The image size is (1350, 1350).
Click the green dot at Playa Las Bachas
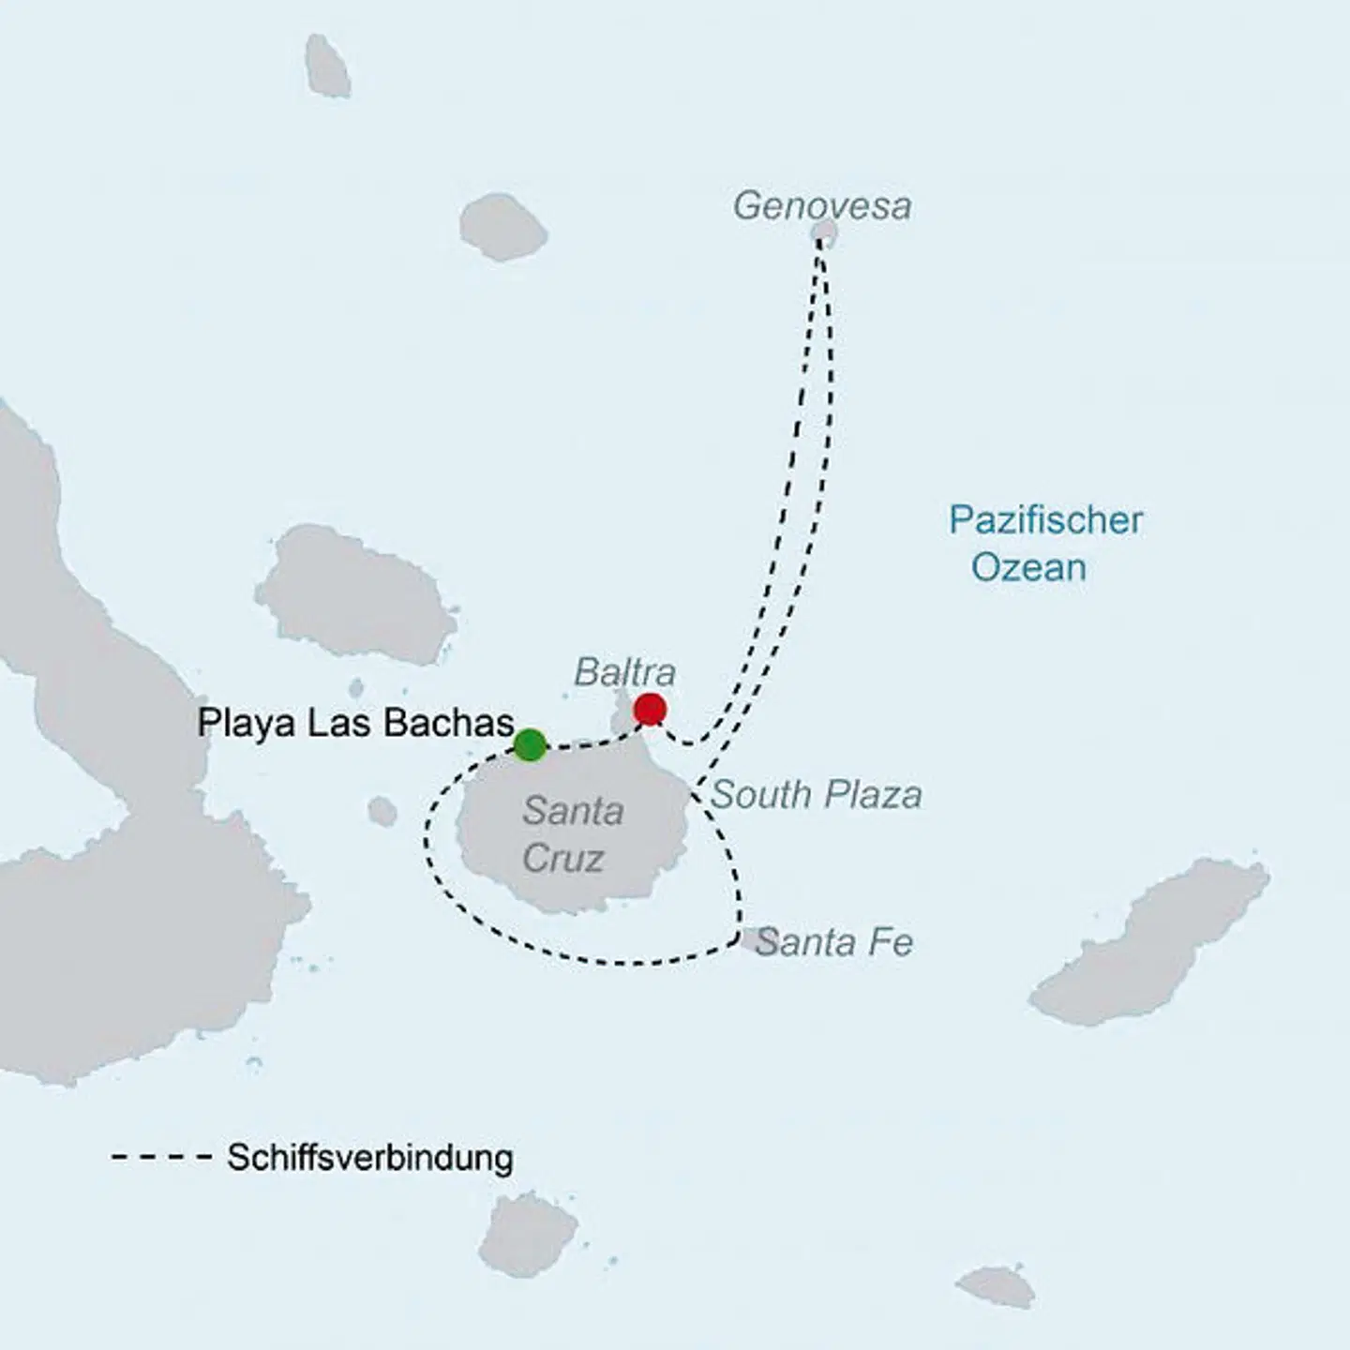click(530, 744)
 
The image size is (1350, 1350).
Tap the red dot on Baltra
click(650, 710)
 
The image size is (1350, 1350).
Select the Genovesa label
click(821, 206)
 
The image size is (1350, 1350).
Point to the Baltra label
click(624, 672)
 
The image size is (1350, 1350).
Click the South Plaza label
click(817, 795)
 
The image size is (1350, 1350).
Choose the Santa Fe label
click(834, 942)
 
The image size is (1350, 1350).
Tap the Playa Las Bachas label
click(355, 723)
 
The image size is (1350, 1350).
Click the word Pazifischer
click(1045, 520)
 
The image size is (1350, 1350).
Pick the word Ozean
click(1028, 568)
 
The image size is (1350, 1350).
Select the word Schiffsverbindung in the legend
click(369, 1158)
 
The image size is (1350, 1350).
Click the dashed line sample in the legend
click(161, 1158)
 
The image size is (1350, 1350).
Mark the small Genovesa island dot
click(824, 232)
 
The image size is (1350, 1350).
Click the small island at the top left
click(328, 66)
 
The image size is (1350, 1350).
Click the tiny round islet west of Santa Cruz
click(382, 812)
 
